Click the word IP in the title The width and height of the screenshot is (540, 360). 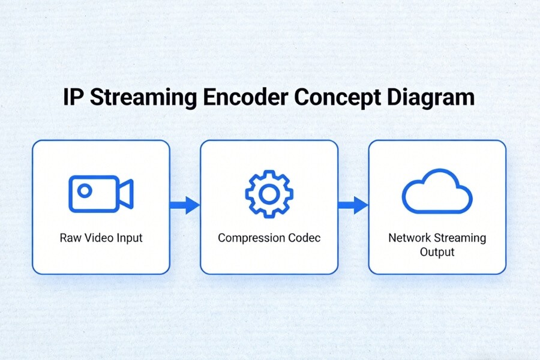pos(73,98)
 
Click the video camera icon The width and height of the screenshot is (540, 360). pos(101,194)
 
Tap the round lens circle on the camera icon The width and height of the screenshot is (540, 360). pos(85,191)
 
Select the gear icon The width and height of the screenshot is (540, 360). pos(269,194)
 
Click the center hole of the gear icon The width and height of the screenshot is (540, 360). pos(269,194)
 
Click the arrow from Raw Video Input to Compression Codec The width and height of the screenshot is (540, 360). pos(184,205)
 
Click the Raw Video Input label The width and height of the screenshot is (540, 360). pos(101,238)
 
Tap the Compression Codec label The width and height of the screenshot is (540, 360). pos(269,238)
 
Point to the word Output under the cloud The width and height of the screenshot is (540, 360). pos(437,252)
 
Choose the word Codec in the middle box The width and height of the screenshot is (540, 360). pos(305,238)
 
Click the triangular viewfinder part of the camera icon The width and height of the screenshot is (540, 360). pos(126,194)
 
